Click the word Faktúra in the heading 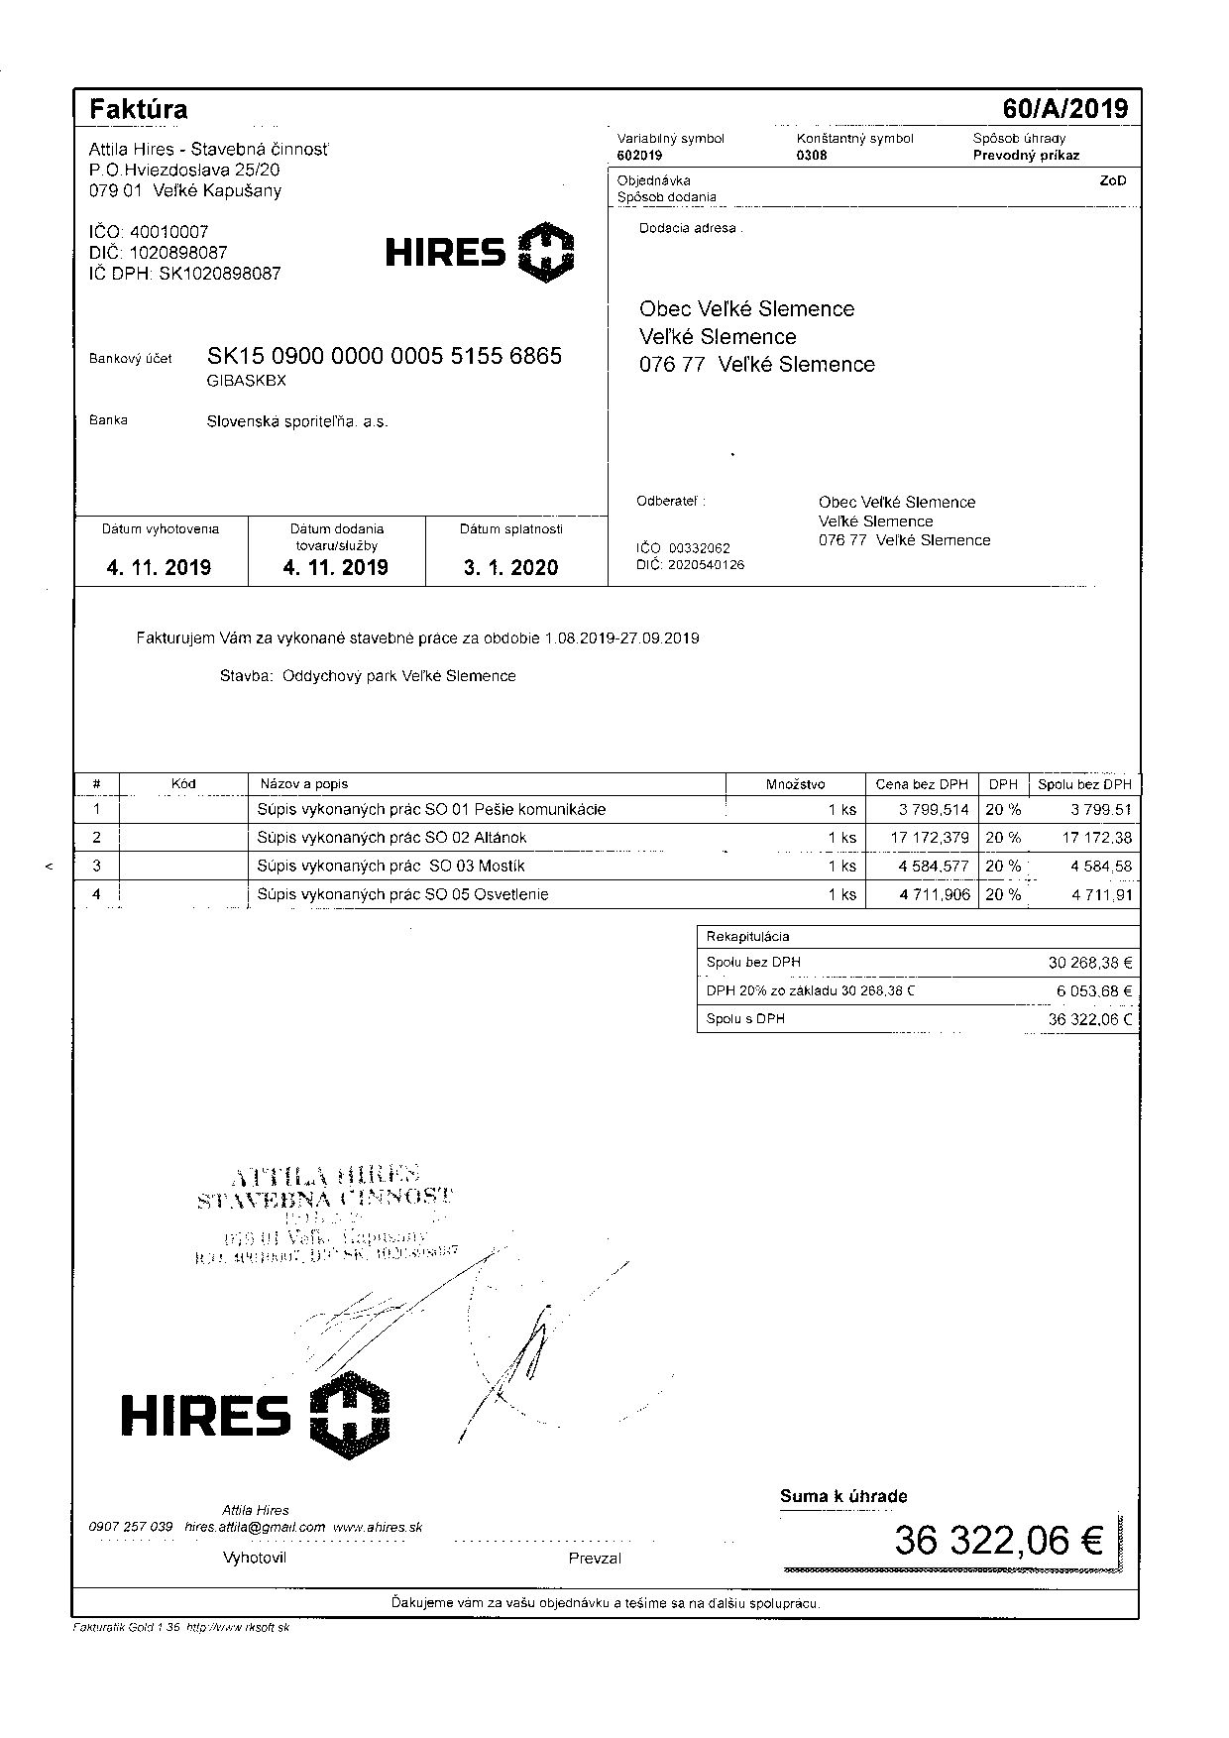138,108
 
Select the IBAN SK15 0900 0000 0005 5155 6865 384,356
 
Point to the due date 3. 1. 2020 510,568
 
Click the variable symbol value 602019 639,156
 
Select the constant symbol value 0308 811,156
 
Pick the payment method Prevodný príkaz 1026,156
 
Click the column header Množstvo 795,784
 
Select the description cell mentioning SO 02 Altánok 391,838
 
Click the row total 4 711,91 1100,895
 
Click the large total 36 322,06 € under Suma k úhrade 998,1541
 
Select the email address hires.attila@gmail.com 255,1528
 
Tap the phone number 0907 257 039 131,1528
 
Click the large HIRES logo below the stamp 255,1414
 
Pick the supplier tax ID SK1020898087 219,274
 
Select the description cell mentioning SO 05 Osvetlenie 402,895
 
